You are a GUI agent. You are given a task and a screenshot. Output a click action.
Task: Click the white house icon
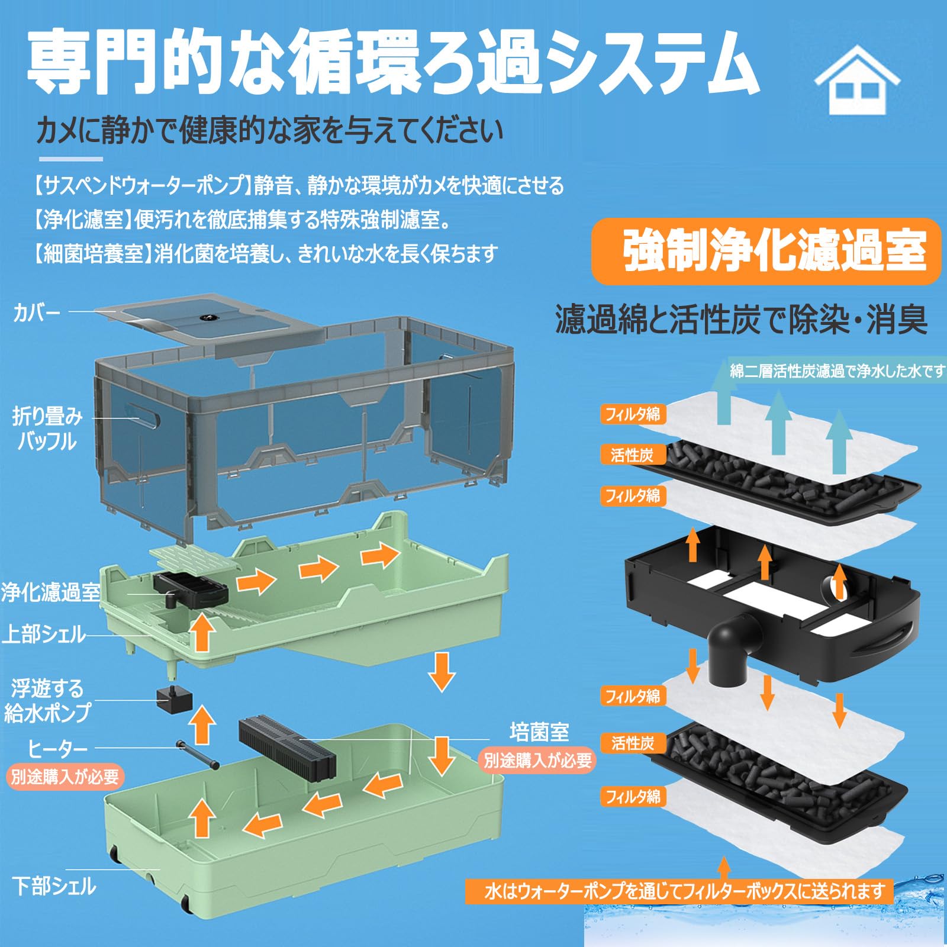(x=857, y=81)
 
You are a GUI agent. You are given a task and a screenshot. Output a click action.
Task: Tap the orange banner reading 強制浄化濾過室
(x=766, y=251)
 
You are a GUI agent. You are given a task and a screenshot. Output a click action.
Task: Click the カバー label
(x=37, y=313)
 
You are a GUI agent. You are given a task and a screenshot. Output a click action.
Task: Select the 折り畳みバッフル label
(x=47, y=429)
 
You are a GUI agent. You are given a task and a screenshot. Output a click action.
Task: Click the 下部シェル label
(x=54, y=886)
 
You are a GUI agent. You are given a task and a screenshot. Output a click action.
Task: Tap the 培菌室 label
(x=539, y=732)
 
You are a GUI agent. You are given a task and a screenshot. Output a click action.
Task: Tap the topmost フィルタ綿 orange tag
(x=632, y=414)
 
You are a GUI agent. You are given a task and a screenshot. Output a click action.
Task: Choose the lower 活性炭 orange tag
(x=632, y=743)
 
